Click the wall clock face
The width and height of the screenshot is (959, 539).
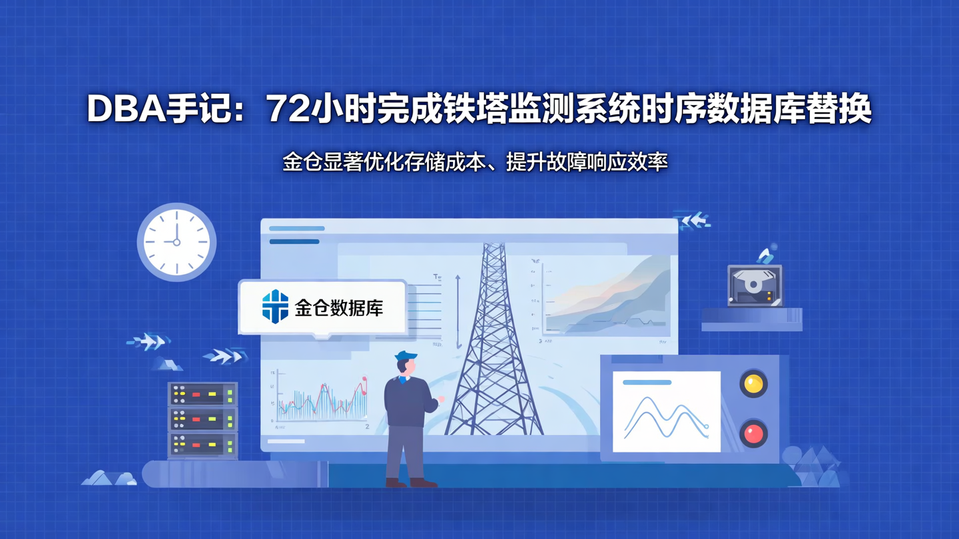click(176, 242)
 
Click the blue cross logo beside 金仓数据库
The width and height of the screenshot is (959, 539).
click(275, 307)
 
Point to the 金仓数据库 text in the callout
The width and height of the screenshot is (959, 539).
click(339, 308)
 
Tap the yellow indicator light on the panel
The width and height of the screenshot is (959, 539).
click(753, 384)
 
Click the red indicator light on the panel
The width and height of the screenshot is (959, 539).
click(753, 434)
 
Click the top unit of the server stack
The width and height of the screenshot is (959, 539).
click(202, 395)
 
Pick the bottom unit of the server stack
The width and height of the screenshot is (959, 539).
click(202, 445)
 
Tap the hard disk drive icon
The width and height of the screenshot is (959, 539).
click(755, 285)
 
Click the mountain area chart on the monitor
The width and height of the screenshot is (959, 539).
click(606, 296)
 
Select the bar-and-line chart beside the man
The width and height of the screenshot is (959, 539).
click(320, 399)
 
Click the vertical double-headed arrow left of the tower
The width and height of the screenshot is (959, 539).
click(458, 311)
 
